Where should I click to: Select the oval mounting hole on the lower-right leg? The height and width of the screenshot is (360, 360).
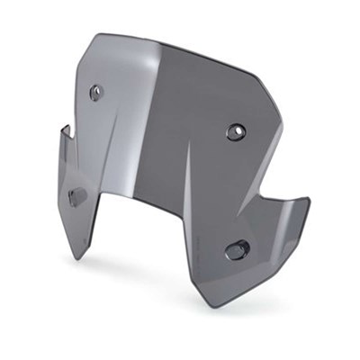coord(237,249)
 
